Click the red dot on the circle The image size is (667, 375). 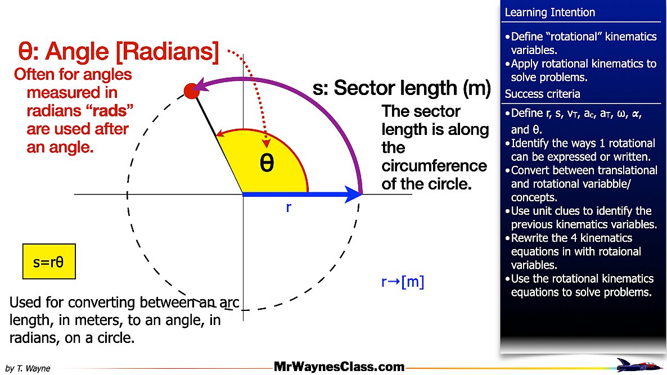(x=191, y=91)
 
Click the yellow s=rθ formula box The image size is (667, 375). (x=49, y=261)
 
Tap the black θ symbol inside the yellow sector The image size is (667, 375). (x=267, y=162)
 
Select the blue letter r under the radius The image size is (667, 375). (x=289, y=207)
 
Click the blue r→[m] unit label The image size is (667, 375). (x=403, y=282)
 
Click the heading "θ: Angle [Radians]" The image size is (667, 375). (x=118, y=52)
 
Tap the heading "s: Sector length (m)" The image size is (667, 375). (x=402, y=88)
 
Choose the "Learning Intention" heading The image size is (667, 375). (x=549, y=12)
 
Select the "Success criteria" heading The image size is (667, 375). (x=542, y=94)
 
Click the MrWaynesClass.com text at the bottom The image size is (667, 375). (x=339, y=367)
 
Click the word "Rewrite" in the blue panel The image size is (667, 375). (x=531, y=238)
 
